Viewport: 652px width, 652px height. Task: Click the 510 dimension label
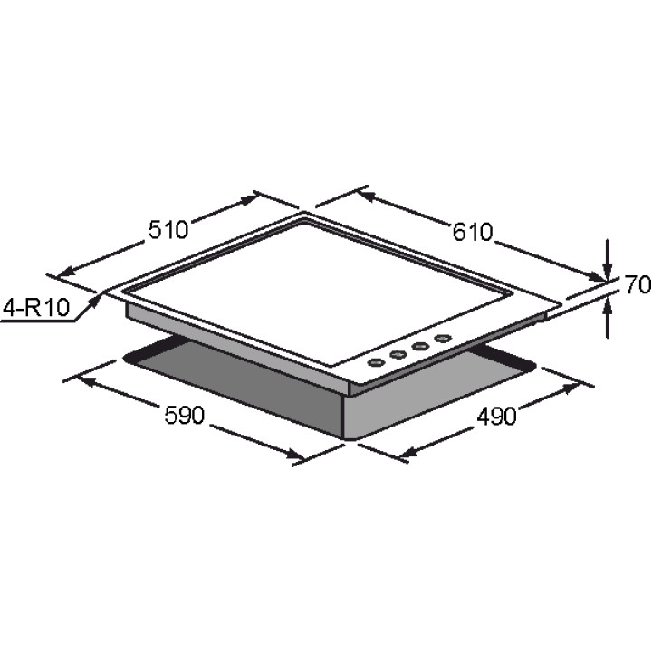[x=168, y=229]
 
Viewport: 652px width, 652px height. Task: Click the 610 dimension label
[x=473, y=232]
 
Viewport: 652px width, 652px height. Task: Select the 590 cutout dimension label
[x=185, y=415]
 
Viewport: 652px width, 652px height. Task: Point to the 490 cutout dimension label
[x=496, y=416]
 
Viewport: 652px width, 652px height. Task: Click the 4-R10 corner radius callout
[x=36, y=308]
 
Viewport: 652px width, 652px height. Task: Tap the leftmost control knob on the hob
[x=377, y=363]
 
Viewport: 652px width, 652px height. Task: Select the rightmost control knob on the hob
[x=443, y=339]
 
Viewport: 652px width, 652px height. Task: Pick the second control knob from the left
[x=398, y=355]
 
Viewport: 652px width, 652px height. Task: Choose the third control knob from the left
[x=420, y=346]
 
